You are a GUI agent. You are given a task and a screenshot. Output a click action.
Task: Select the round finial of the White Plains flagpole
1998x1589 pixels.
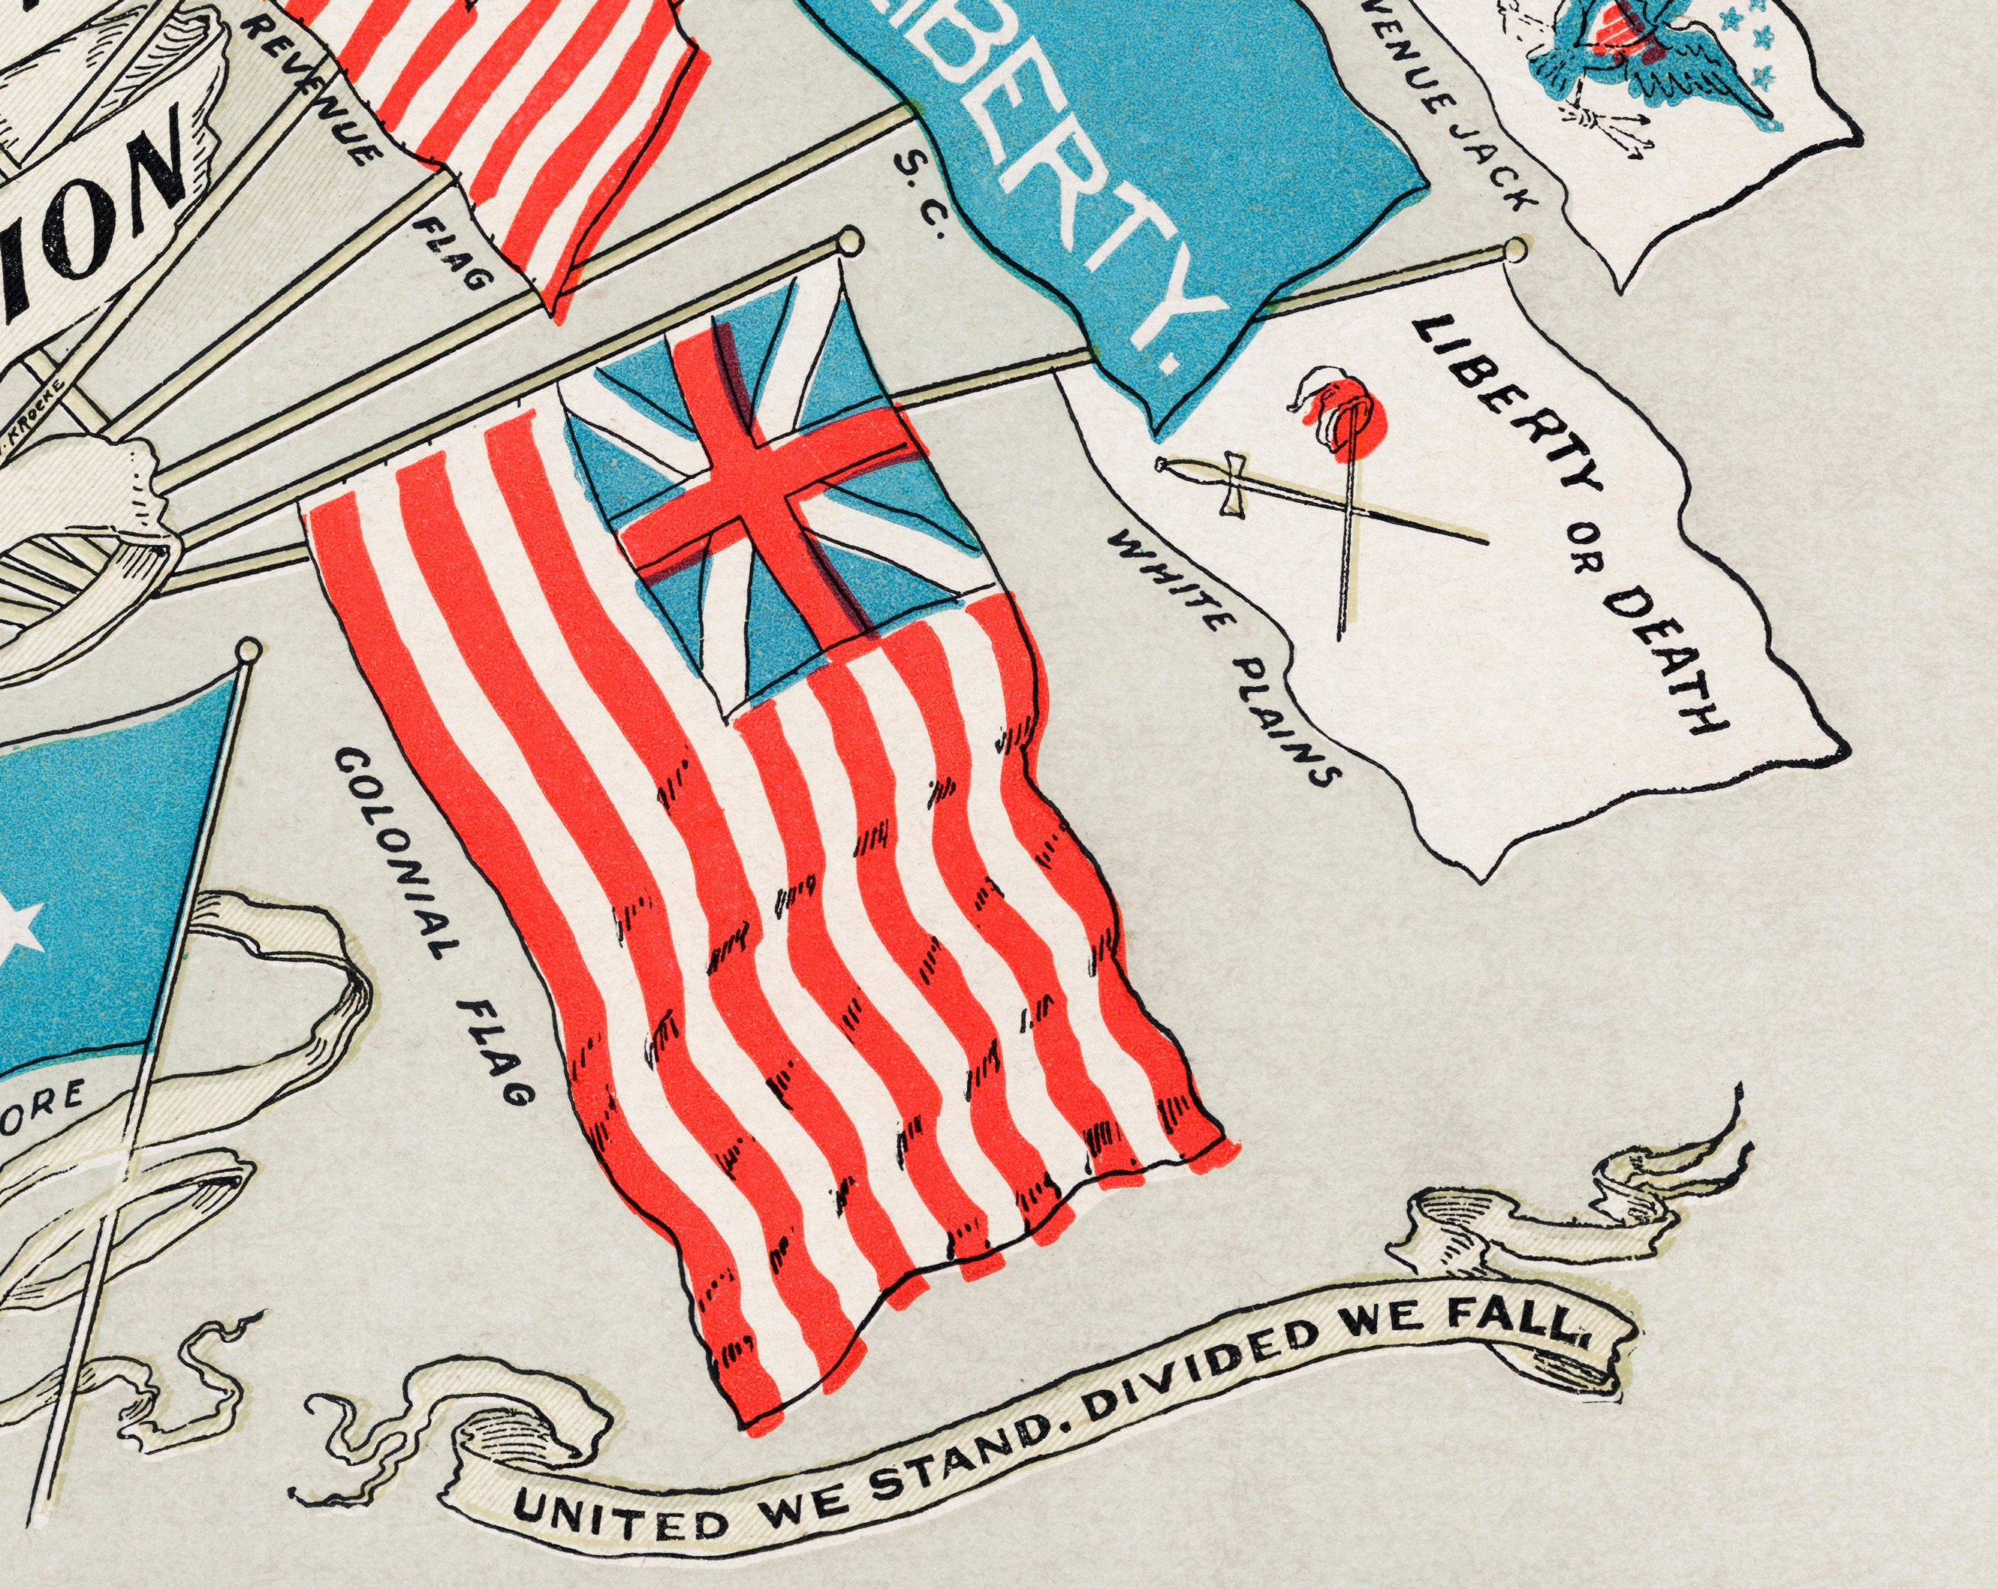(x=1516, y=248)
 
